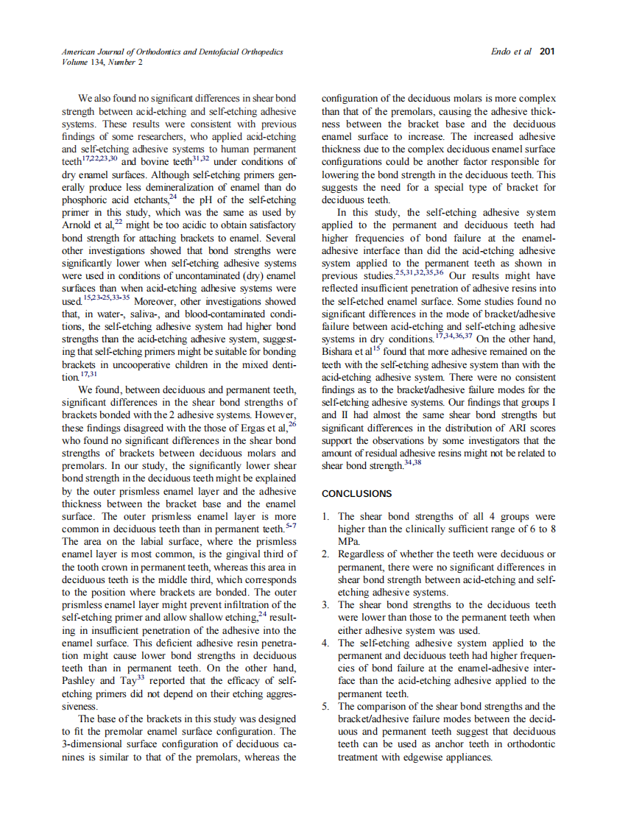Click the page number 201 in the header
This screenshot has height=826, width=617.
tap(546, 52)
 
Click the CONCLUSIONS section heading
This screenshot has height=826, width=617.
tap(357, 493)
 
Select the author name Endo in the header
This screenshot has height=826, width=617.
tap(502, 52)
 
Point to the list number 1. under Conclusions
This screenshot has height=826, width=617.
tap(327, 517)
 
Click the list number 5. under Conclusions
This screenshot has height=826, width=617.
tap(327, 706)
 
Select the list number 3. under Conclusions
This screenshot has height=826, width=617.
tap(327, 605)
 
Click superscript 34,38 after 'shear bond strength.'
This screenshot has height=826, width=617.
tap(412, 462)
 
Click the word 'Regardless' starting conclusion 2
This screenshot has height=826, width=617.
tap(364, 554)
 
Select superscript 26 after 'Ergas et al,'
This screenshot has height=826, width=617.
tap(292, 424)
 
